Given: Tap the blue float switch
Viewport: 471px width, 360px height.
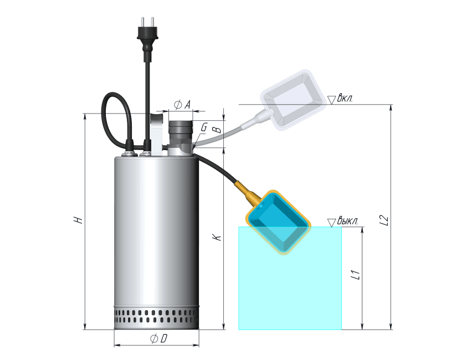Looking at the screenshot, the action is (x=279, y=222).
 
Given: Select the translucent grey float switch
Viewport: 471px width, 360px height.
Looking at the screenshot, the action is (x=293, y=100).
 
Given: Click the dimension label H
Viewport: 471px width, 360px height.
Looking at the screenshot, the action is (x=78, y=219).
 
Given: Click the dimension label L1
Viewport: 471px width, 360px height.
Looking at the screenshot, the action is (x=356, y=275).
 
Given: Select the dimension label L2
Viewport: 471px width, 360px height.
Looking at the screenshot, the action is (x=384, y=220).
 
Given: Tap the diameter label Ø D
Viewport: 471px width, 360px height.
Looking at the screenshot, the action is (x=159, y=339).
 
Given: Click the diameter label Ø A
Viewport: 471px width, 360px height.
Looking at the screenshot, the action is (x=182, y=105).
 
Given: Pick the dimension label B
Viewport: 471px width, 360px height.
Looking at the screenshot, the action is (x=217, y=130).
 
